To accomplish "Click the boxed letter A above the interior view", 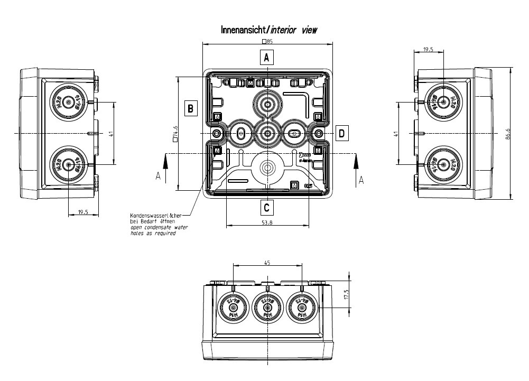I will (267, 57).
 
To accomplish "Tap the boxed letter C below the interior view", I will (267, 207).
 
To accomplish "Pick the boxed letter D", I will (342, 133).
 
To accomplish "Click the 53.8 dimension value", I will (267, 222).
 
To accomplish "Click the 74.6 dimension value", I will (175, 133).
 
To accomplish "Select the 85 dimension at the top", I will (267, 41).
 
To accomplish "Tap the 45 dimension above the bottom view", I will (267, 262).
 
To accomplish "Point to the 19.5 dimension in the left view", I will (83, 212).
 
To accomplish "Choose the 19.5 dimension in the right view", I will (428, 49).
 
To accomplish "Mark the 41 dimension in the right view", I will (395, 134).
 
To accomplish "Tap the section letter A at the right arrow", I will (361, 180).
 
